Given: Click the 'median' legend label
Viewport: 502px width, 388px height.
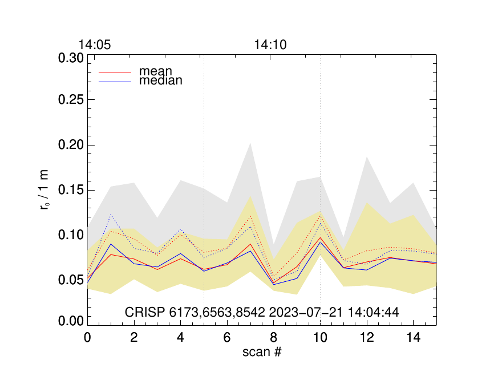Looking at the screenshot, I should coord(161,81).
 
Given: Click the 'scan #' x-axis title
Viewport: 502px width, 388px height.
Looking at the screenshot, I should coord(262,352).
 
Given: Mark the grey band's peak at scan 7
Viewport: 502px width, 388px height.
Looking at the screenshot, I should coord(250,144).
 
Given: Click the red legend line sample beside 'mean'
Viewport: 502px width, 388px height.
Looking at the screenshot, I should coord(115,72).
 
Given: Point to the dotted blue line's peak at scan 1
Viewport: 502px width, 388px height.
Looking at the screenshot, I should coord(111,215).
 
